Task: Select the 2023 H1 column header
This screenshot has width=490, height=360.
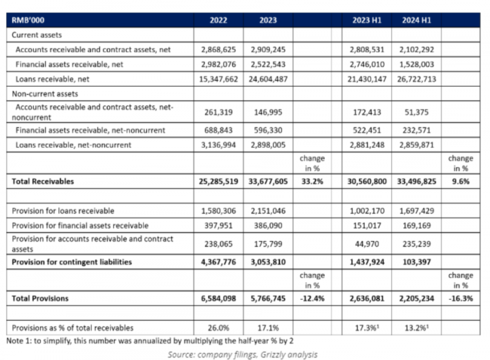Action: [366, 20]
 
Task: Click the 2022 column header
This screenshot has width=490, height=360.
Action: [219, 20]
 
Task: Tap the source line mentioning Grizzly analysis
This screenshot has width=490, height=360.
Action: [245, 353]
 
